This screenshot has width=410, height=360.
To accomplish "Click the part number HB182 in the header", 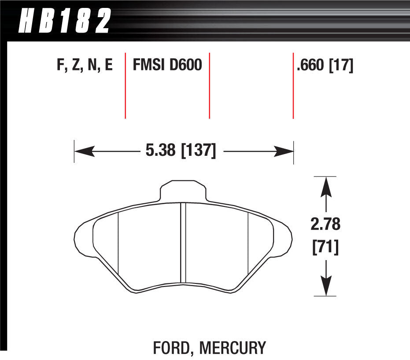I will [64, 22].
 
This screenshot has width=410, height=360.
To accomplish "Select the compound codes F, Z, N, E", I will [85, 66].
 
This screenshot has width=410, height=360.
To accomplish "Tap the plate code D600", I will [185, 66].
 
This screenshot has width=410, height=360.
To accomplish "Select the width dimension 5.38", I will [161, 151].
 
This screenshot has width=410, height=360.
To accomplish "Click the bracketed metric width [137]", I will [198, 151].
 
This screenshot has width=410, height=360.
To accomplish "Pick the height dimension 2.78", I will [325, 224].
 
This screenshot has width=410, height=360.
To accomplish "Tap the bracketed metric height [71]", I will [325, 248].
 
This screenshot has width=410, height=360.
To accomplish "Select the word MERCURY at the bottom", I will [233, 348].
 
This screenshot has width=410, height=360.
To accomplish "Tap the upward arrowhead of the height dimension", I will [325, 185].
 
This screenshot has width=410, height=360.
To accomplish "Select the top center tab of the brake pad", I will [182, 190].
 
